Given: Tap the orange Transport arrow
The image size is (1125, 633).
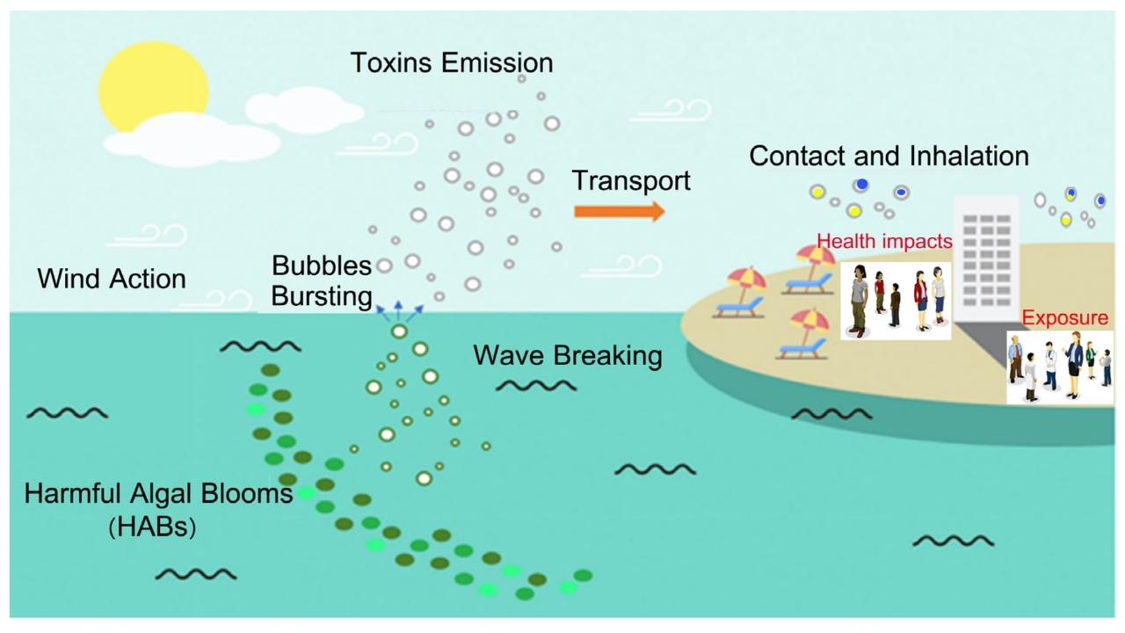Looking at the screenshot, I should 619,211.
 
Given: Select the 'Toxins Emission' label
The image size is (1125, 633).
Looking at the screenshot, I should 452,62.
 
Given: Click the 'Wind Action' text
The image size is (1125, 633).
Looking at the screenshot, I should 112,279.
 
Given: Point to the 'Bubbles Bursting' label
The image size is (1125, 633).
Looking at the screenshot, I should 322,280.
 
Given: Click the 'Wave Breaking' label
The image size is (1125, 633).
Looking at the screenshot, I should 567,355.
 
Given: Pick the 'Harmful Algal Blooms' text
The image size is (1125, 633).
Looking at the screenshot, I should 158,493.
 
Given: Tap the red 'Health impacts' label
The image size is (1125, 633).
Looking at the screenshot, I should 884,241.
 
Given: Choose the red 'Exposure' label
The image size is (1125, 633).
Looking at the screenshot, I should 1065,317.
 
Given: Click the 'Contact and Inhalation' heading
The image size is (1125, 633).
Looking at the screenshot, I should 889,156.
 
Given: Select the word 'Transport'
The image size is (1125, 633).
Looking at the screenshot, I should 631,181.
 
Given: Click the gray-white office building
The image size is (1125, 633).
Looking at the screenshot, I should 986,255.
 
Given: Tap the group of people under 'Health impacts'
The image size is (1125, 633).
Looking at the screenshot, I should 896,300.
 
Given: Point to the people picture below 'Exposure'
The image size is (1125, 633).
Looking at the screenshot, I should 1059,367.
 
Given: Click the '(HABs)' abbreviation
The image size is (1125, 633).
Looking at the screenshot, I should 152,527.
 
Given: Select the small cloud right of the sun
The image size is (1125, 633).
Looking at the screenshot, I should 303,110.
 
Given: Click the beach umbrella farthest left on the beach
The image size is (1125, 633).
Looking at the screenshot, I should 746,280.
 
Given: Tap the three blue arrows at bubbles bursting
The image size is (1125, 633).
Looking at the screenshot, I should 398,309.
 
